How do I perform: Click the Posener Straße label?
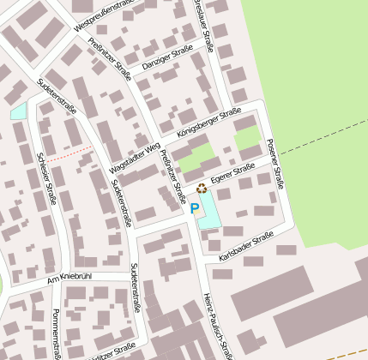275,164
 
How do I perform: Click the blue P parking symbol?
195,208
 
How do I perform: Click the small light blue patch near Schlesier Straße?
18,111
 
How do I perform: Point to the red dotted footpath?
69,154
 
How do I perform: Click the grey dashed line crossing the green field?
322,141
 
